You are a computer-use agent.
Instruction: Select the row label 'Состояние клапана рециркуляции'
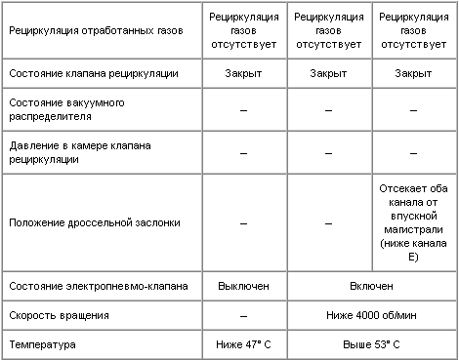[x=85, y=73]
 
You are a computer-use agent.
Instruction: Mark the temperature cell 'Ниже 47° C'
[x=242, y=344]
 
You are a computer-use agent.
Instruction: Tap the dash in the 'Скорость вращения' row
[x=242, y=316]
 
